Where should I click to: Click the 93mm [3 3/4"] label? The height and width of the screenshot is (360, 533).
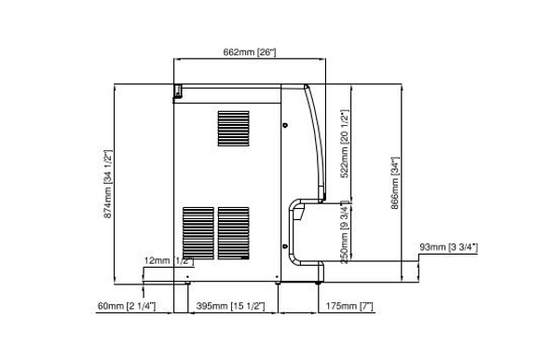[x=448, y=247]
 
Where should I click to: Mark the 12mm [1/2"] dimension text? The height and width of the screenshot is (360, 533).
[x=167, y=261]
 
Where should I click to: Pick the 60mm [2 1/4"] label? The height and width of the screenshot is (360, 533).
[x=127, y=305]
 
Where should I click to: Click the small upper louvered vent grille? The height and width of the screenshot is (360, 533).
[x=234, y=129]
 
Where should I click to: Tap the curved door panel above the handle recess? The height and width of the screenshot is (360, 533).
[x=311, y=140]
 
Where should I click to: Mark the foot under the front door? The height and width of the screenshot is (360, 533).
[x=319, y=273]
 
